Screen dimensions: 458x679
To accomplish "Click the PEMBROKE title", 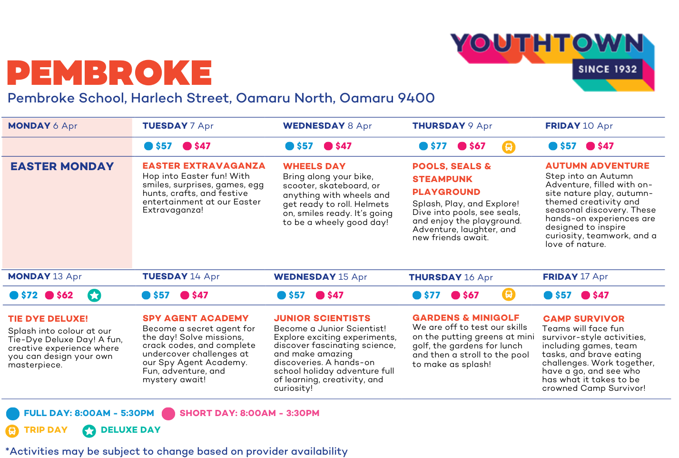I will (109, 73).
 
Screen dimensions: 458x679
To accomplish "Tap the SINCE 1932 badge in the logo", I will (607, 69).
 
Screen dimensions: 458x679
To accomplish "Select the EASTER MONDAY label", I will (62, 166).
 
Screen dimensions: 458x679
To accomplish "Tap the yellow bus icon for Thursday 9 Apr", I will (509, 147).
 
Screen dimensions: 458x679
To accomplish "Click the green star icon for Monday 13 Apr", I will (94, 295).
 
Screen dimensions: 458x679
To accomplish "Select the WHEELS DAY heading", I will (314, 166).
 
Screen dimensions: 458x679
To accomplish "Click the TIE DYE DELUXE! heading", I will (48, 319).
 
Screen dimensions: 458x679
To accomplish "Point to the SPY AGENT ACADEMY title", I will (196, 318).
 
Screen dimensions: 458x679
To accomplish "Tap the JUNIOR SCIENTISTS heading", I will (322, 318).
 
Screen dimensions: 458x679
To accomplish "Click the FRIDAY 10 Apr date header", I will (579, 126).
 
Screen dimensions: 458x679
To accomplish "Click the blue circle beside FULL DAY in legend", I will (13, 413).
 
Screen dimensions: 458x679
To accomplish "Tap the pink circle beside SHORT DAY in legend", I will (168, 413).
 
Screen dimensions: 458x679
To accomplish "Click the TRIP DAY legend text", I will (46, 430).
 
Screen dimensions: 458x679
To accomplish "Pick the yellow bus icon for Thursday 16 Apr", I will (509, 295).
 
